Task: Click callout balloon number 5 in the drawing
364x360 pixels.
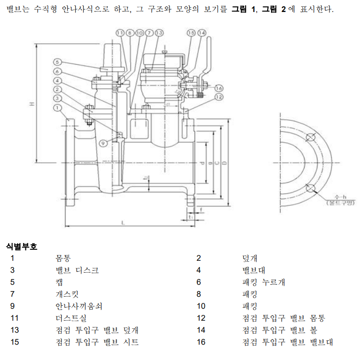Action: click(x=57, y=62)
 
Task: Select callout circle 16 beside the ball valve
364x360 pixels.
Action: click(x=219, y=88)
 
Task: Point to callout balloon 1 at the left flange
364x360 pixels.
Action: click(x=57, y=108)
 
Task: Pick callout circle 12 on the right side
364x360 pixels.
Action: click(x=219, y=97)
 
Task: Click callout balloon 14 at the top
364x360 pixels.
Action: click(x=202, y=33)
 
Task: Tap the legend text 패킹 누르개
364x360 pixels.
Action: click(x=264, y=282)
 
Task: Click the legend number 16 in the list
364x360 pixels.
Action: click(x=201, y=342)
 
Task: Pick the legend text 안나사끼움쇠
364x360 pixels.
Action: click(x=79, y=306)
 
